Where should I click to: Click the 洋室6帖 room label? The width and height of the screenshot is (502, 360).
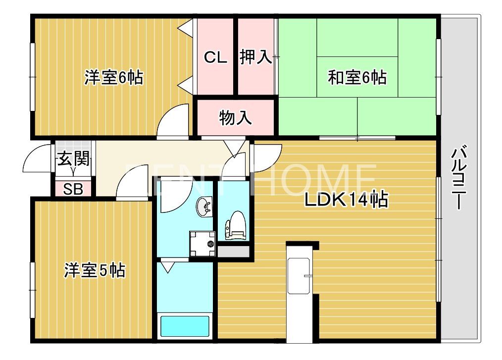(113, 78)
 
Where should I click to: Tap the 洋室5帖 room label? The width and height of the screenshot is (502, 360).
(94, 270)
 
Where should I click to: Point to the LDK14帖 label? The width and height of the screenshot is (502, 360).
(346, 200)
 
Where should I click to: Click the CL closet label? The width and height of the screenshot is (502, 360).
(216, 58)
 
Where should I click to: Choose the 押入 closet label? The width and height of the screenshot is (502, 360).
(255, 58)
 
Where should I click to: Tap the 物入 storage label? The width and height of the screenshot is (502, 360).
(236, 118)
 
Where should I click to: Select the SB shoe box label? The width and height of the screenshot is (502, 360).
(73, 189)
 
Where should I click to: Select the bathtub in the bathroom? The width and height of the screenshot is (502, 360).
(185, 326)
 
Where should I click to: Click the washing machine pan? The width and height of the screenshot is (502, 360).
(202, 244)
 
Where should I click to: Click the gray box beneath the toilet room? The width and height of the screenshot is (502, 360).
(233, 251)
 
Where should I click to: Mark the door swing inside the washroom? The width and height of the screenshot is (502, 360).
(173, 196)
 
